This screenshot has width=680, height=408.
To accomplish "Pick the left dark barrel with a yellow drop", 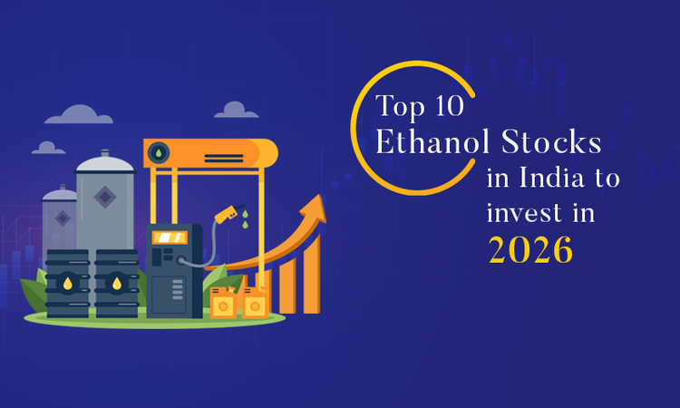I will coord(68,284).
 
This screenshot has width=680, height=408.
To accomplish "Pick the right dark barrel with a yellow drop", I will coord(117,284).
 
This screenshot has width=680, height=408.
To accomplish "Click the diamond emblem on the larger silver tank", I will coord(104,196).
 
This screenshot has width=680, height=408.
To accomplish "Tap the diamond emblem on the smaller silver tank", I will coord(61,218).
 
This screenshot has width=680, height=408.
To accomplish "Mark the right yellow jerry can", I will coord(255,304).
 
